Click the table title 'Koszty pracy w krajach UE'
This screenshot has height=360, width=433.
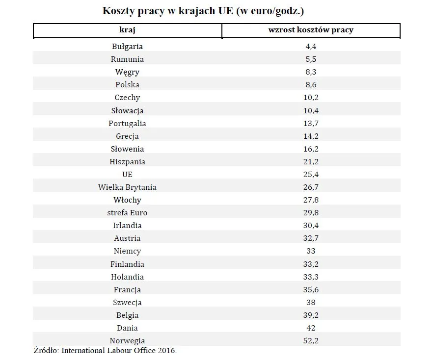click(206, 11)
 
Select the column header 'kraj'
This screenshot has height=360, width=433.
click(127, 30)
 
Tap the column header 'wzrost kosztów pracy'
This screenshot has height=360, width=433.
click(310, 30)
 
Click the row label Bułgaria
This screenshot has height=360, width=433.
click(127, 47)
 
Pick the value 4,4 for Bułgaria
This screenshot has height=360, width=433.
click(310, 47)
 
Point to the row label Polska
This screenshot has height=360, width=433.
click(127, 85)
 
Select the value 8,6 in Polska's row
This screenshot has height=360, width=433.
click(310, 85)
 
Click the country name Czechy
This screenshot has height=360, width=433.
click(127, 98)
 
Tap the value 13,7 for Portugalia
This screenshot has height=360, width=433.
click(310, 123)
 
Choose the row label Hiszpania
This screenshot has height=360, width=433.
click(127, 161)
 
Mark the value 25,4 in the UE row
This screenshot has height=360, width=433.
click(310, 174)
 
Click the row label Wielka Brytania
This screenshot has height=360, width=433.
click(127, 187)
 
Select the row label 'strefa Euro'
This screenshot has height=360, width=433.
click(127, 212)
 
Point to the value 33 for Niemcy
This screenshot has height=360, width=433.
click(310, 251)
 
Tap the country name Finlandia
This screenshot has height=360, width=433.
click(127, 264)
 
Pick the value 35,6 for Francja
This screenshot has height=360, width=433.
click(310, 289)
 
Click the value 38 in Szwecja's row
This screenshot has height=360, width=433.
click(310, 302)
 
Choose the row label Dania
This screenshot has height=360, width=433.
click(127, 328)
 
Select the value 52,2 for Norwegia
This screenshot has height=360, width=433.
click(310, 340)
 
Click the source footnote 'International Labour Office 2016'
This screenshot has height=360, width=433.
click(118, 351)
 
